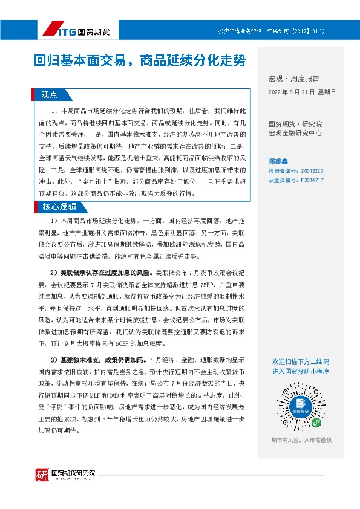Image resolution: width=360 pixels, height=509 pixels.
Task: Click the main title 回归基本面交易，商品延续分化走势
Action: (140, 60)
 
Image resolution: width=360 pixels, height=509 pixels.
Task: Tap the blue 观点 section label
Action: (49, 95)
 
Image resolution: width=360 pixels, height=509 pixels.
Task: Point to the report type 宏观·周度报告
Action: (293, 79)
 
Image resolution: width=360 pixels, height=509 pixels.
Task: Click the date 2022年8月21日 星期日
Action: (301, 92)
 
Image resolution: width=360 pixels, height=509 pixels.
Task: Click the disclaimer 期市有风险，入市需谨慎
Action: (301, 439)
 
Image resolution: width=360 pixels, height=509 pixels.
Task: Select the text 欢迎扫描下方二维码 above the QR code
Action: (301, 361)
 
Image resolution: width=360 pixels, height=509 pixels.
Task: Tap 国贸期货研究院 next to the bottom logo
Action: (73, 472)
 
